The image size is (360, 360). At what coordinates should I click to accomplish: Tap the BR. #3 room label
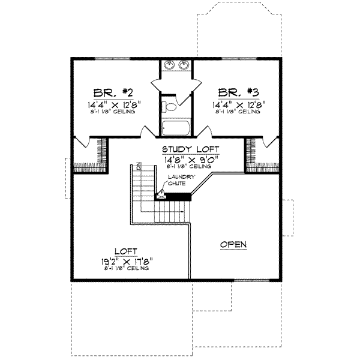point(239,92)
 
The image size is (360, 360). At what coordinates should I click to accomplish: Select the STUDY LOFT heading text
point(190,149)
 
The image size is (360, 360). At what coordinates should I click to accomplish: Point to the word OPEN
point(234,244)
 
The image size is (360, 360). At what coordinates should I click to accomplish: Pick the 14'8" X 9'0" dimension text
point(190,159)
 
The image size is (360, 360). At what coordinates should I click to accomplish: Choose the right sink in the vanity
point(184,65)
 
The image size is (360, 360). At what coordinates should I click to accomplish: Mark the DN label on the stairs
point(137,169)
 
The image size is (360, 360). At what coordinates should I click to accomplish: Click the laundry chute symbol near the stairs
point(161,194)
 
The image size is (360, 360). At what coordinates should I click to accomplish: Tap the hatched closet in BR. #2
point(100,152)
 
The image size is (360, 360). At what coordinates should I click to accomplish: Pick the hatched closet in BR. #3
point(251,152)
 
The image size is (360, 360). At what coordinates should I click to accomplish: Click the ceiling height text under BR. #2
point(113,112)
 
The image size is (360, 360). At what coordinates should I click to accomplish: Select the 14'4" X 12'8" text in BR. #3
point(239,103)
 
